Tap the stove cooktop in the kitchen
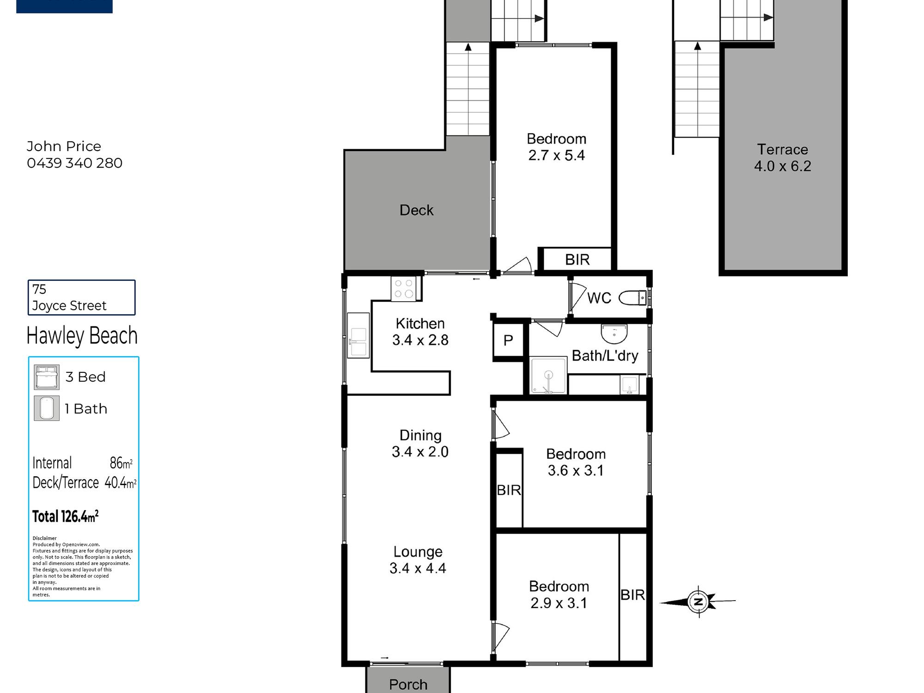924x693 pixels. [404, 288]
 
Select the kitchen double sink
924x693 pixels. [359, 336]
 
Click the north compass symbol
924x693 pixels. [698, 602]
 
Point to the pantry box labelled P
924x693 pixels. [508, 340]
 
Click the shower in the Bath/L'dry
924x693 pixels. [548, 375]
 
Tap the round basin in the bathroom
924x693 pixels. [614, 334]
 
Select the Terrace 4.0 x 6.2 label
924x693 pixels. [783, 158]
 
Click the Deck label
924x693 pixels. [416, 210]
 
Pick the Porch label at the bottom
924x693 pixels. [408, 684]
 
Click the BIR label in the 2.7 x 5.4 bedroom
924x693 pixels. [577, 260]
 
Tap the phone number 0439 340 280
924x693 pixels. [74, 163]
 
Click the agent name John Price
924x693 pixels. [64, 146]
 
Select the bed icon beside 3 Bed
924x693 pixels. [47, 377]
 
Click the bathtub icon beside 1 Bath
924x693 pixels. [47, 408]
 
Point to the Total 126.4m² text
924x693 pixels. [65, 516]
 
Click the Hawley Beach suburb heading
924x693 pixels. [82, 335]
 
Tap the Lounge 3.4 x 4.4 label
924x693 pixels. [418, 560]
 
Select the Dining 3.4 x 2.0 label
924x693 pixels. [420, 444]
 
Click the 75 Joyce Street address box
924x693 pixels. [81, 298]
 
